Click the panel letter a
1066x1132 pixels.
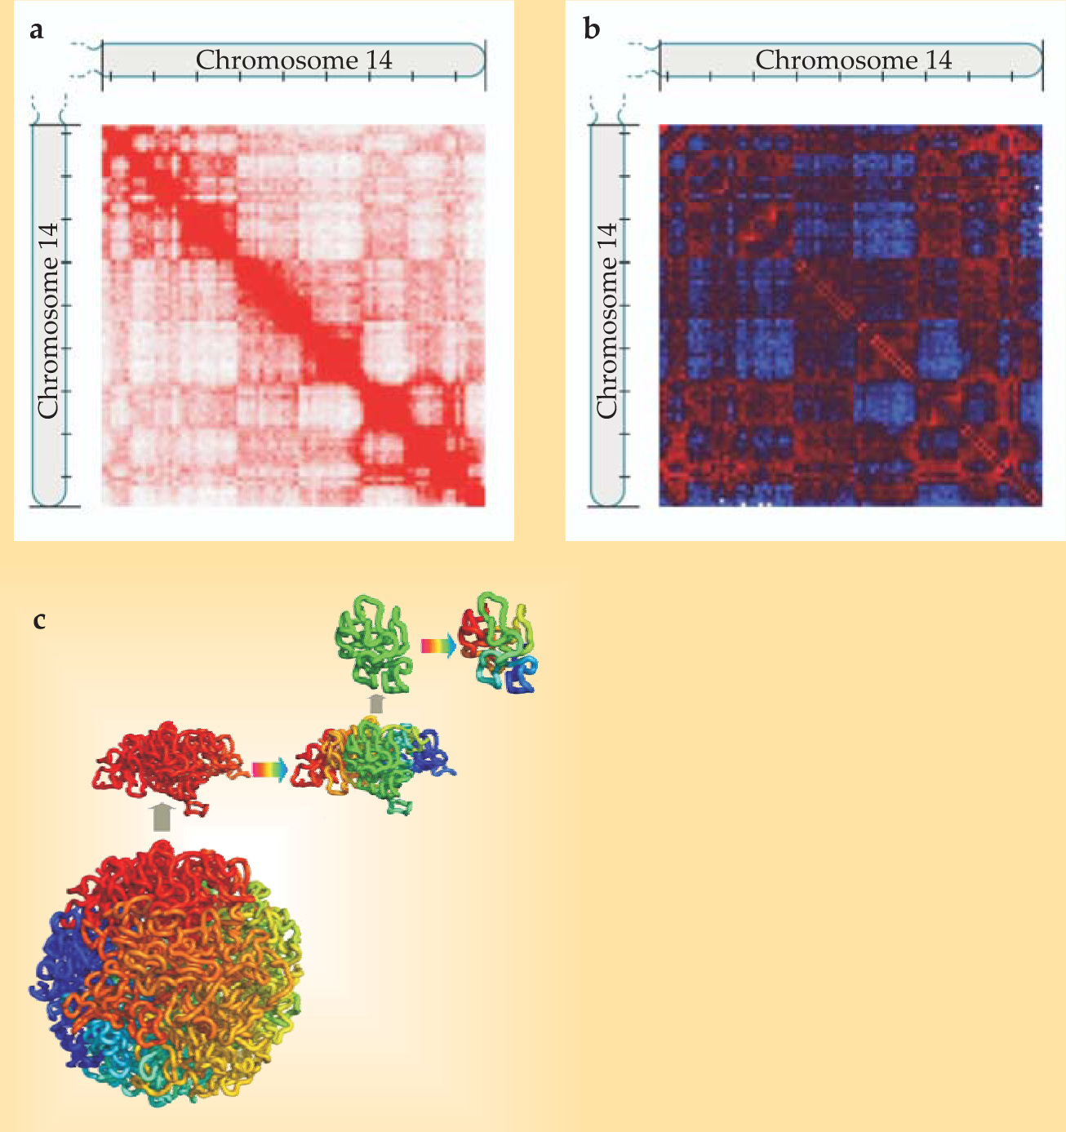pyautogui.click(x=35, y=31)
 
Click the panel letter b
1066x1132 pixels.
pyautogui.click(x=592, y=30)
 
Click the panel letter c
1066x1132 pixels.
pyautogui.click(x=38, y=620)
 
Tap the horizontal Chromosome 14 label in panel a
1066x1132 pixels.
pyautogui.click(x=294, y=60)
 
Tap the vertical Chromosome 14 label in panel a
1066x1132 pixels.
pyautogui.click(x=48, y=321)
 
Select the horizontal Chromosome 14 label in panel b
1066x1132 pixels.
pyautogui.click(x=853, y=60)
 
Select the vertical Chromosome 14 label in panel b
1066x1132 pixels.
pyautogui.click(x=606, y=321)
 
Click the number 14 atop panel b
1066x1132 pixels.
pyautogui.click(x=938, y=60)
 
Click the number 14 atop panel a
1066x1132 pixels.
pyautogui.click(x=379, y=60)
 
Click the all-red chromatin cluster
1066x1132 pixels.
pyautogui.click(x=169, y=764)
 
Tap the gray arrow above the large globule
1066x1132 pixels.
pyautogui.click(x=162, y=817)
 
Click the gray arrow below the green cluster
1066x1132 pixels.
pyautogui.click(x=375, y=704)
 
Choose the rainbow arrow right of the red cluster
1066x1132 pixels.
pyautogui.click(x=269, y=770)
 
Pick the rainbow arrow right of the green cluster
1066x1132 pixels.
pyautogui.click(x=438, y=646)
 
